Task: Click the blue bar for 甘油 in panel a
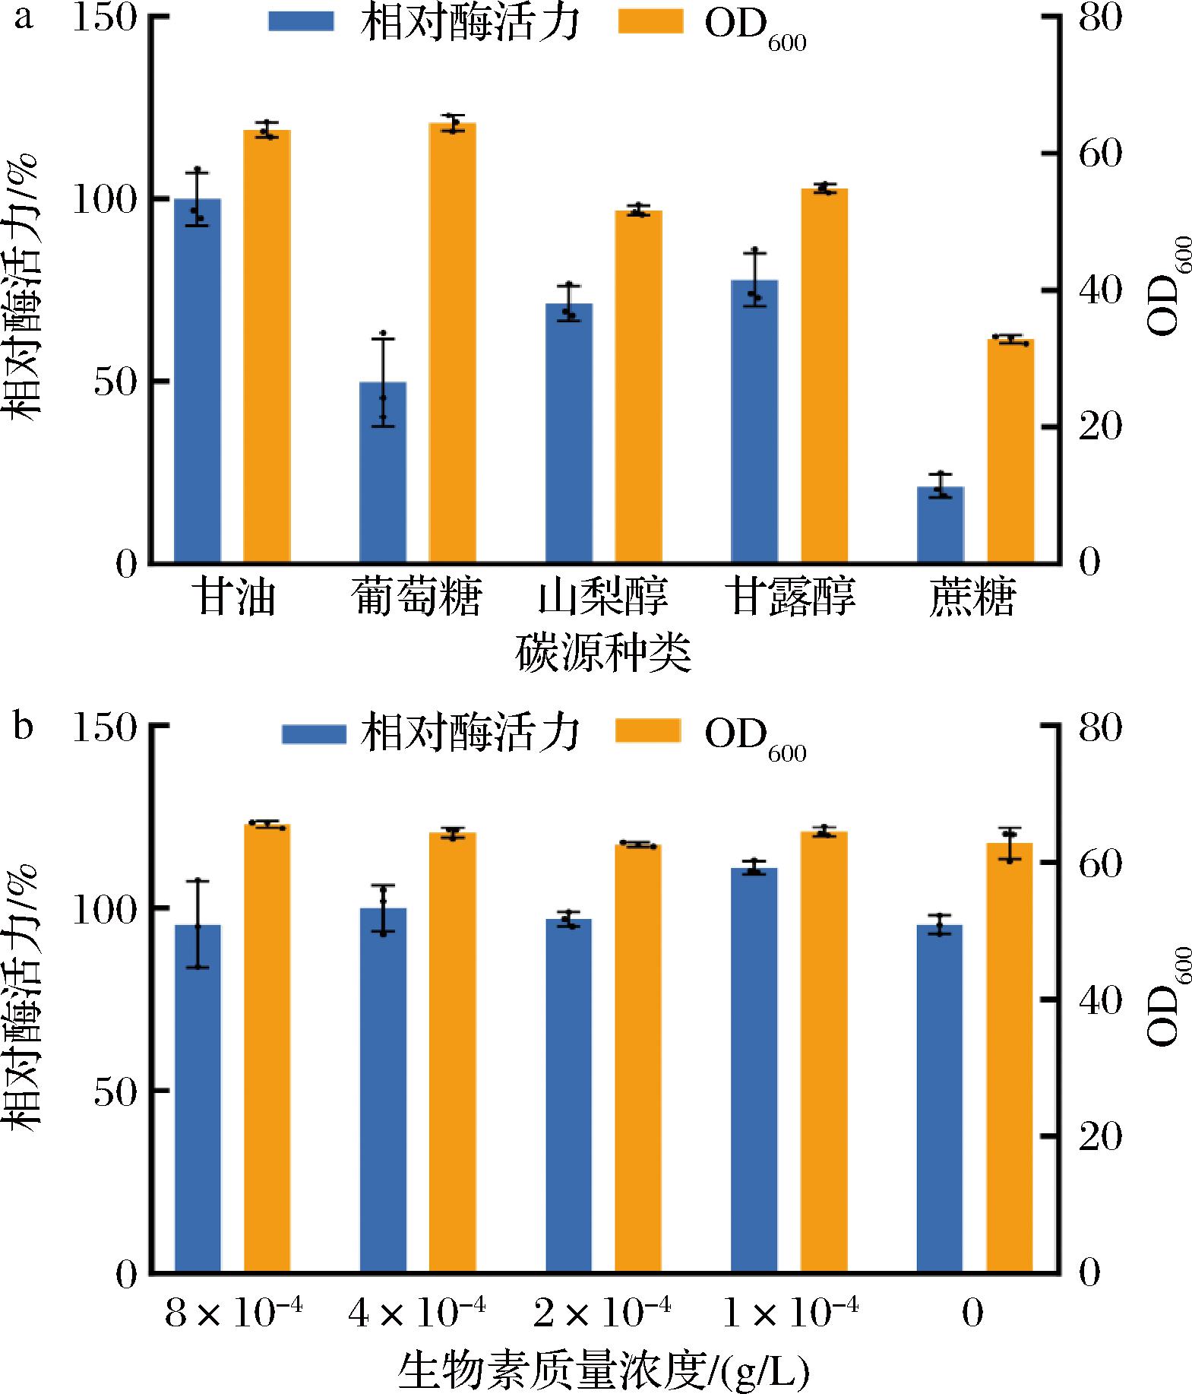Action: pos(198,380)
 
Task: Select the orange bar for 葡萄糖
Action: pos(453,342)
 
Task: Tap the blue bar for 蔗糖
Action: pos(940,524)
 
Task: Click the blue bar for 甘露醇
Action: pos(754,421)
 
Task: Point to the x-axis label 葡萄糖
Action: pos(417,597)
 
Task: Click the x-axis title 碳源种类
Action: pos(603,653)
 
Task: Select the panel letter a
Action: pos(24,17)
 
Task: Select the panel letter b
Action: pos(24,726)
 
